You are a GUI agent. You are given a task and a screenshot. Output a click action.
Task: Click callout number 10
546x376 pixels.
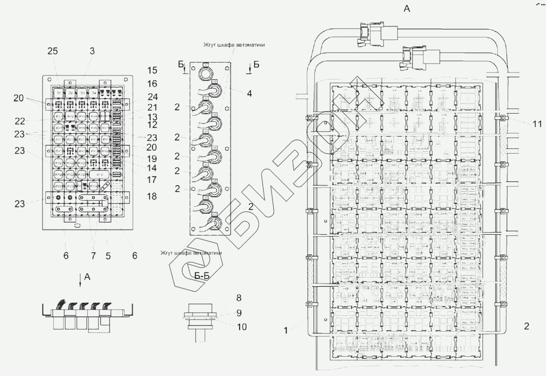[241, 327]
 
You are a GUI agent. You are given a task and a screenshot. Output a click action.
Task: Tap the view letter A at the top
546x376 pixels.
[407, 9]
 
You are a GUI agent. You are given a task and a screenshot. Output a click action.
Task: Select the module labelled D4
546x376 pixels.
[92, 93]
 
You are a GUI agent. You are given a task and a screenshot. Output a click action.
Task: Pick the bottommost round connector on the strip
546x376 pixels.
[215, 223]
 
